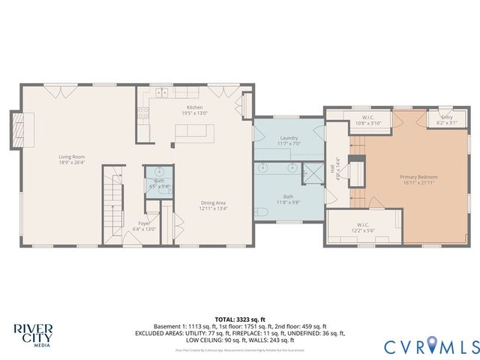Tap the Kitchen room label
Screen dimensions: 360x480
tap(195, 109)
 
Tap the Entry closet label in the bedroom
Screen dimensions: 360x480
tap(446, 119)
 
